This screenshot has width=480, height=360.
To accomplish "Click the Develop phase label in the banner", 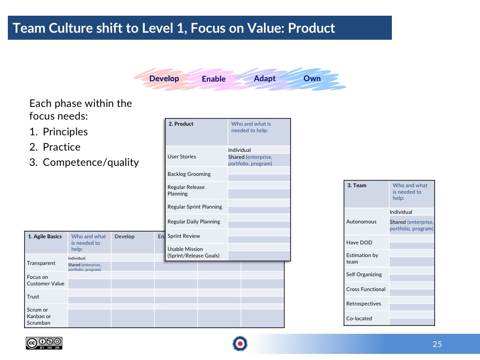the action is [x=164, y=79].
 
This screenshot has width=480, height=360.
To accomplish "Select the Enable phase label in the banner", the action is [x=214, y=79].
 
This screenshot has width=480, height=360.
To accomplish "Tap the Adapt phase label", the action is [x=264, y=79].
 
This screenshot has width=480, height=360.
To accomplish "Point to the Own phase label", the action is [x=312, y=79].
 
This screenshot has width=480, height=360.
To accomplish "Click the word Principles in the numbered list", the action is [x=65, y=132].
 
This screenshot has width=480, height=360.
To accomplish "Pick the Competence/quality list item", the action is [x=91, y=162].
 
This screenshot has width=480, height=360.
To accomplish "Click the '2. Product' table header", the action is [x=181, y=124].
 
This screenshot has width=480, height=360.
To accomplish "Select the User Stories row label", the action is [x=182, y=157].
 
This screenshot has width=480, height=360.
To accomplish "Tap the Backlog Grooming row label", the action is [x=189, y=174].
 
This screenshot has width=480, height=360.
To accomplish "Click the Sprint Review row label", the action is [x=184, y=236].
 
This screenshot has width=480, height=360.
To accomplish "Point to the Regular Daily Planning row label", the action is [x=194, y=222].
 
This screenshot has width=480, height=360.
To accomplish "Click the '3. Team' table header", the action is [x=357, y=185].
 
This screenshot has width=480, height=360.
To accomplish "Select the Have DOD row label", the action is [x=359, y=243].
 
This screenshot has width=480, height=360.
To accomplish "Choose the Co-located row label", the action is [x=359, y=319].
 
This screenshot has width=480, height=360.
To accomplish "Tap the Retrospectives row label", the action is [x=363, y=304].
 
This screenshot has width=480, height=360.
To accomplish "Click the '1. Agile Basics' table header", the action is [x=45, y=237].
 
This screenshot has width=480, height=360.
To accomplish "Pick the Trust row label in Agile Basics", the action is [x=33, y=297].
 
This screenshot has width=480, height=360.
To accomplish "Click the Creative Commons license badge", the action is [x=44, y=343].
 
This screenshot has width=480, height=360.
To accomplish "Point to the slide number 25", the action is [x=437, y=344].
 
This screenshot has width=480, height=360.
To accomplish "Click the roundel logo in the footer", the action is [x=240, y=343].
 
